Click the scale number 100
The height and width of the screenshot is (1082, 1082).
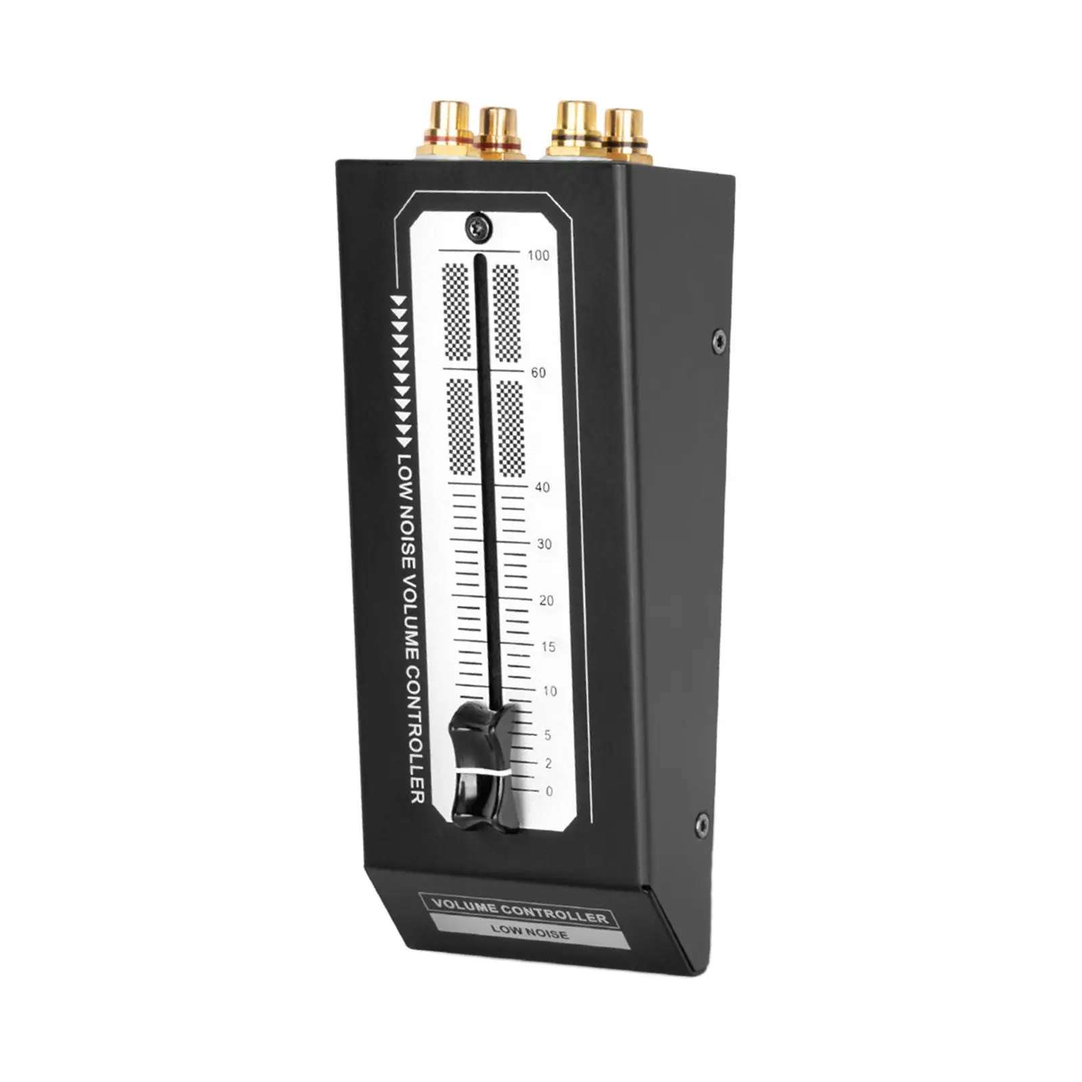538,255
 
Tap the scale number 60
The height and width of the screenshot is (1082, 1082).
538,372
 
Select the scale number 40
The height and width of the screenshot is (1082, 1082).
542,487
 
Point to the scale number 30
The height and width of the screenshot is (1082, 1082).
544,544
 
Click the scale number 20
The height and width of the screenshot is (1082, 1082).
546,601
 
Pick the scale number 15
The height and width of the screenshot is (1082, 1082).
548,646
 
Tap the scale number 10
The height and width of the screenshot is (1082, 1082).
550,691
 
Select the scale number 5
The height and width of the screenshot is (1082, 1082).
548,735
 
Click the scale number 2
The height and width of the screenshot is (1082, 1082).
548,763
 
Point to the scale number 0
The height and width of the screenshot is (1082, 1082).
549,791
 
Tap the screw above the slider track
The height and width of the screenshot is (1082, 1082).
479,227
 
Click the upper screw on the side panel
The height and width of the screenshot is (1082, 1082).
720,342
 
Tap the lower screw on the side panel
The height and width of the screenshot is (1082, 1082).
703,824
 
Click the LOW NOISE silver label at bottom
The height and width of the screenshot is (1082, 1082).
530,931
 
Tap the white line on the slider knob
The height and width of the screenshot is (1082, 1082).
481,772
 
